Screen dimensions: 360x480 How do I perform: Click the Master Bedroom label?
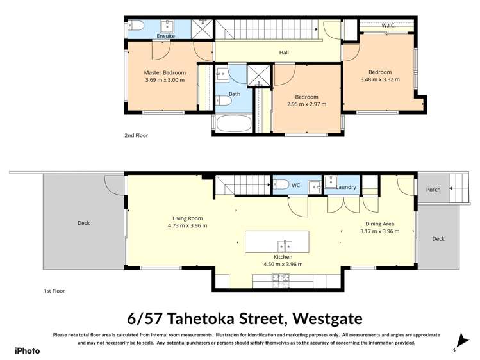[165, 73]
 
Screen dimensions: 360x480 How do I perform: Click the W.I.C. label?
[388, 26]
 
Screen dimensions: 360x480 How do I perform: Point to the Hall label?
[284, 53]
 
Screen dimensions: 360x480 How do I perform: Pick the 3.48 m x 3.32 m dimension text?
[379, 80]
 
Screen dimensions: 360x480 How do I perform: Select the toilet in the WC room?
[281, 184]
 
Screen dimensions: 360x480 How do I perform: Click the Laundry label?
[346, 187]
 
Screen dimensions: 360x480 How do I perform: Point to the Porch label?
[433, 190]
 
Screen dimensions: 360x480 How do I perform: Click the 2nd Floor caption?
[136, 136]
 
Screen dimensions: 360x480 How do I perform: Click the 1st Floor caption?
[54, 291]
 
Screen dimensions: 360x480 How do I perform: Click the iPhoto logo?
[27, 350]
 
